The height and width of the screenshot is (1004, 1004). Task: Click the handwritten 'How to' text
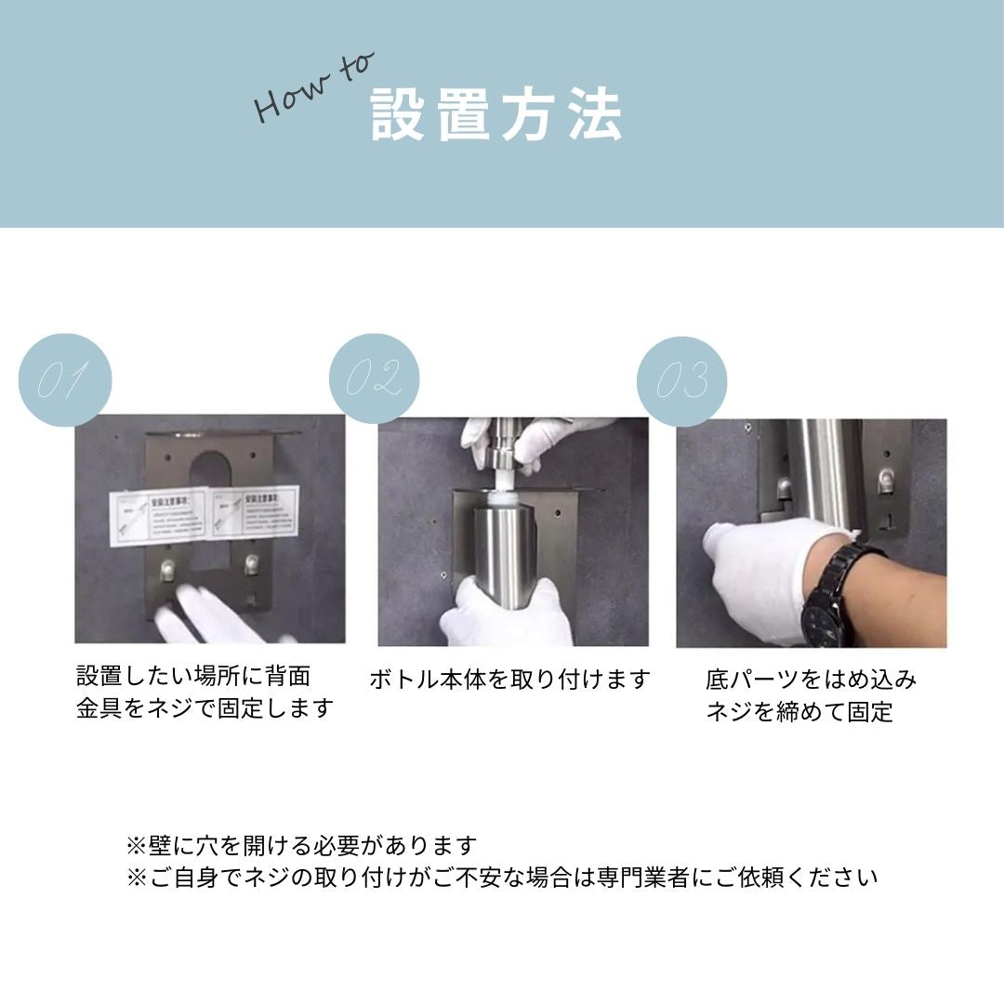coord(313,88)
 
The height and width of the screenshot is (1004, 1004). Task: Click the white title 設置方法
coord(496,116)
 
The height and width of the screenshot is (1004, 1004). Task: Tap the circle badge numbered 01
coord(65,379)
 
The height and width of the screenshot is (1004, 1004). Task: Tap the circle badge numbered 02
coord(374,378)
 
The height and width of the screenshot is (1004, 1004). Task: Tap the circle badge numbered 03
coord(681,381)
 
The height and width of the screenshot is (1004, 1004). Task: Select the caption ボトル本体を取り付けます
coord(509,680)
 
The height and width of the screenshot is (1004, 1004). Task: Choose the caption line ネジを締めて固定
coord(799,712)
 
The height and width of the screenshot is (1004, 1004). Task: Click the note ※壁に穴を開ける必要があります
coord(301,846)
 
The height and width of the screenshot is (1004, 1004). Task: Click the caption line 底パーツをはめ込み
coord(811,680)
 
